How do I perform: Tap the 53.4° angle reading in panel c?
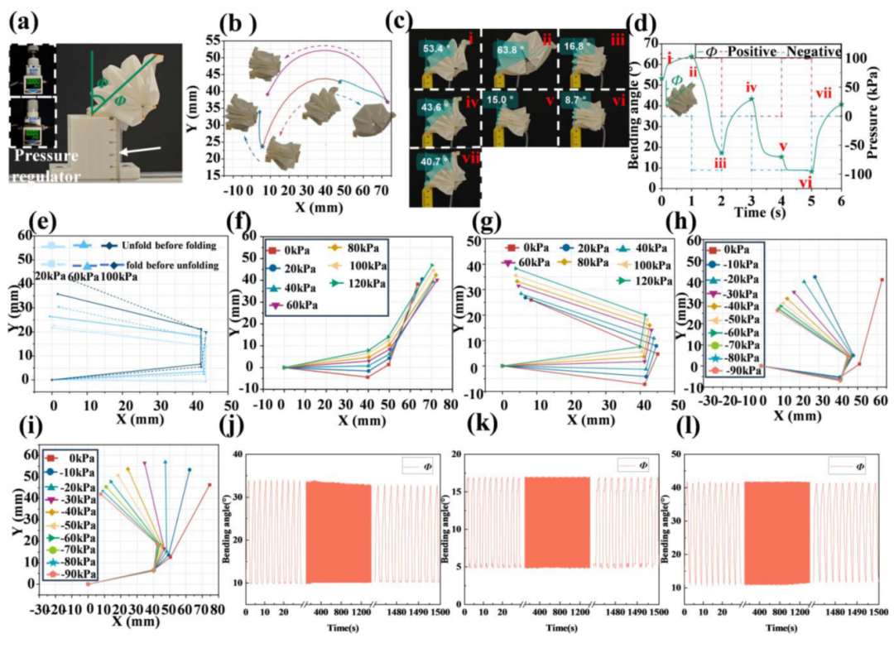point(433,49)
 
